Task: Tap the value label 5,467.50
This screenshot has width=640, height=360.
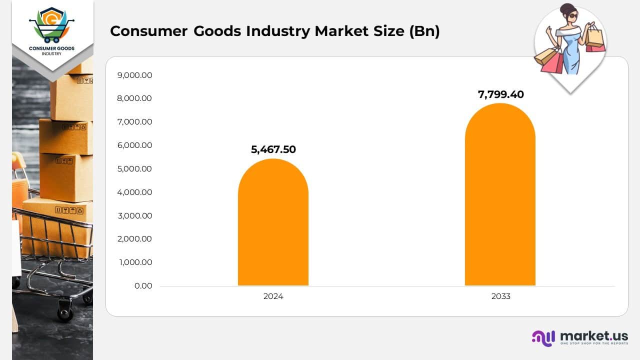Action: coord(273,149)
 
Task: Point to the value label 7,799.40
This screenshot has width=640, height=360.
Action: coord(500,94)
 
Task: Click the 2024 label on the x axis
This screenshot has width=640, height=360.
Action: coord(273,296)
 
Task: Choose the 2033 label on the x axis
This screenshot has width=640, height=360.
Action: coord(500,296)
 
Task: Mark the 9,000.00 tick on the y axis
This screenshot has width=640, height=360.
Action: coord(134,75)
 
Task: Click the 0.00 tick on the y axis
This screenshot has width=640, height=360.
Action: coord(143,286)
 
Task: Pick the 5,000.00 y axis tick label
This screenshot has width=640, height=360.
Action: coord(134,169)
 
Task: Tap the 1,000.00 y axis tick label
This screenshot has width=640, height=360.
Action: coord(135,262)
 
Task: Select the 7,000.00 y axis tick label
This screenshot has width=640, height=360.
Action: coord(134,122)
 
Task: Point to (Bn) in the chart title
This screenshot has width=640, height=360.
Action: coord(424,31)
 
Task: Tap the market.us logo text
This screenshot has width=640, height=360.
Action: coord(593,336)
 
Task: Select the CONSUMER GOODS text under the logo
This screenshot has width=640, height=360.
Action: coord(52,48)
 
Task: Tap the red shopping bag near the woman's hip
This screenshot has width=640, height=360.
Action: coord(551,62)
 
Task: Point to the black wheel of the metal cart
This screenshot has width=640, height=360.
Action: coord(65,313)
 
